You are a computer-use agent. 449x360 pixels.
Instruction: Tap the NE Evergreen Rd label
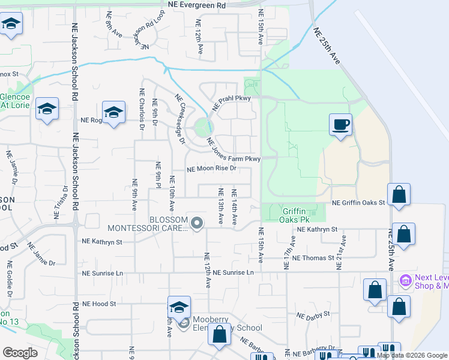197,4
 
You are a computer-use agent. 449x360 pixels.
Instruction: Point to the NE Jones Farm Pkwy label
233,151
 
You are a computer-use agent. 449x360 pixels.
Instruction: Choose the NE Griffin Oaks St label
358,203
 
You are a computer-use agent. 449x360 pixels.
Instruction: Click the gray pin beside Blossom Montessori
197,223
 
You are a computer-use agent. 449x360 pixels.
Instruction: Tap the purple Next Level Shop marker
405,280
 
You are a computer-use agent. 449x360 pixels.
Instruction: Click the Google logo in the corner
20,353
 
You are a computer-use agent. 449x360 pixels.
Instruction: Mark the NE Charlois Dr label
142,109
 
